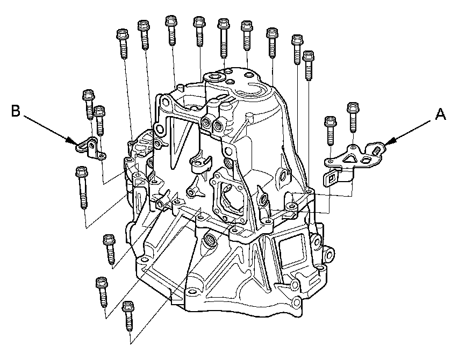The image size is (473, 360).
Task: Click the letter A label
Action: coord(440,114)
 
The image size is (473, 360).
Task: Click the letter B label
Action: coord(16,111)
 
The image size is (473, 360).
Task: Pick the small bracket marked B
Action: coord(90,148)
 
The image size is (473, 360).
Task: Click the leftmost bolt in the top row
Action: coord(123,44)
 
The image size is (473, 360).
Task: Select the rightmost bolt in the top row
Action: coord(308,66)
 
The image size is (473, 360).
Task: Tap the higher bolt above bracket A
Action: coord(353,118)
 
